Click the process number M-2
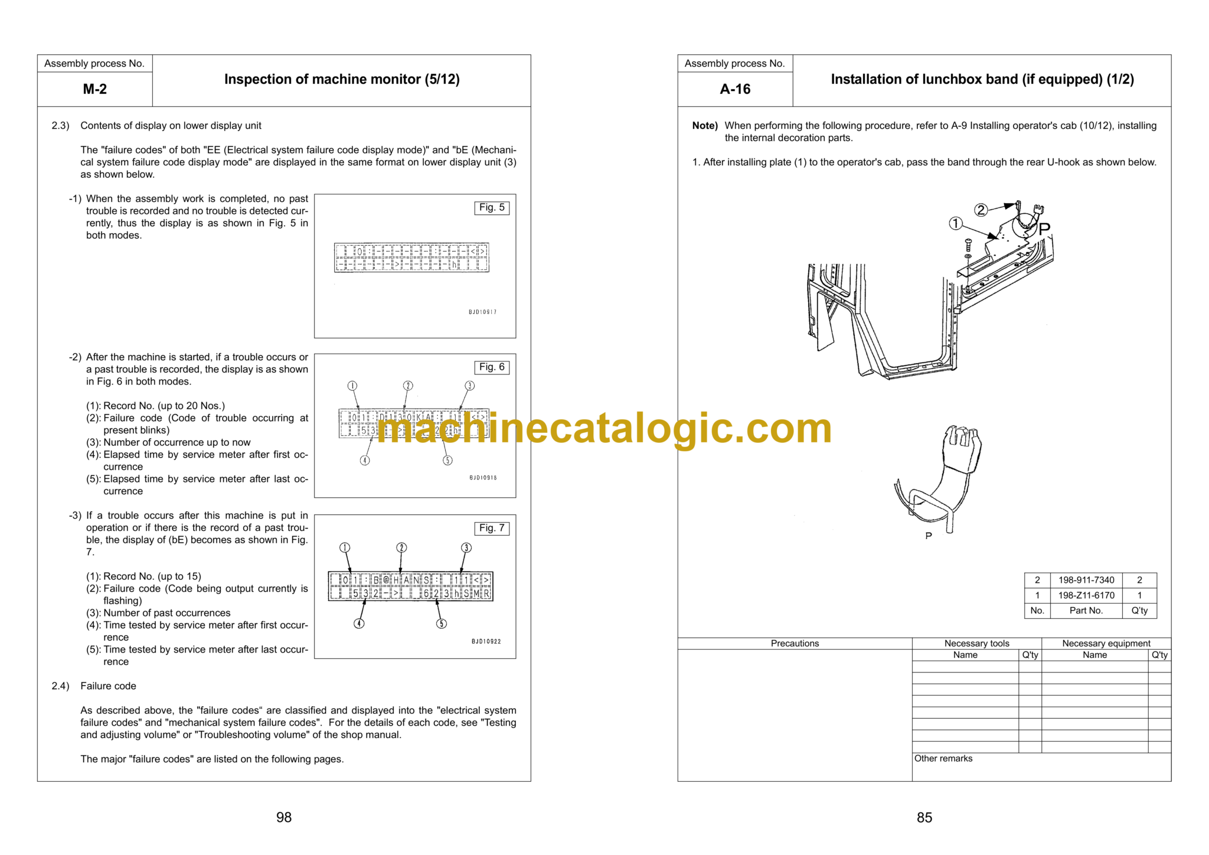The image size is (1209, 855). [94, 89]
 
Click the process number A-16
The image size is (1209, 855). [735, 89]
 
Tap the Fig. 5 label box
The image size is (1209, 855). [492, 208]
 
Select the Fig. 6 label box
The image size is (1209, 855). [492, 367]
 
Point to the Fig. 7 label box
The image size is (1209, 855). [492, 528]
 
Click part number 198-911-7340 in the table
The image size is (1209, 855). [1086, 580]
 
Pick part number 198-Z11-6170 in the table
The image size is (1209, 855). [1086, 595]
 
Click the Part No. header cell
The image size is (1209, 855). [1086, 611]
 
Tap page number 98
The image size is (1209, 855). [284, 817]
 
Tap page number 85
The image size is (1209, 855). [924, 817]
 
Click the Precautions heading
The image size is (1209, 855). [795, 644]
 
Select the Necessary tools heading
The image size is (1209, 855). [976, 644]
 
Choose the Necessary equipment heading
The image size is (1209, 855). [1106, 644]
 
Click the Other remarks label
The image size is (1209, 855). [943, 759]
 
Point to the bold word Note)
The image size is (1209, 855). [705, 126]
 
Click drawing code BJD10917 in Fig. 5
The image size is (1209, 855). [482, 312]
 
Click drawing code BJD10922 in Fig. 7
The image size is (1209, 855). [486, 641]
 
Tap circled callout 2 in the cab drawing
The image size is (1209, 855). [981, 210]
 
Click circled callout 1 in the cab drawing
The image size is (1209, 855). [955, 224]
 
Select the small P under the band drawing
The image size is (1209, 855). [929, 536]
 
